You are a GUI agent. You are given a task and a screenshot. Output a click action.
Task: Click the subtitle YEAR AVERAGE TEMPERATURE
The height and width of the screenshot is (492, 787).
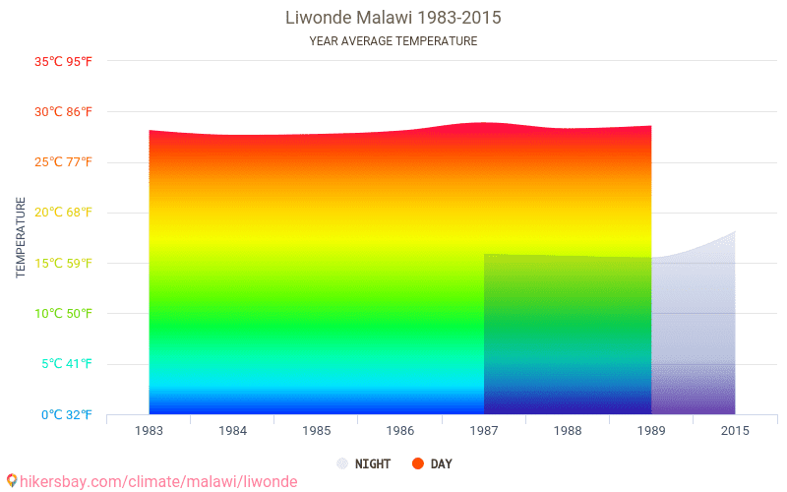tap(393, 41)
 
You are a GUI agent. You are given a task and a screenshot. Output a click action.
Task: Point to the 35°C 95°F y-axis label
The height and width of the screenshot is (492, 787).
tap(63, 61)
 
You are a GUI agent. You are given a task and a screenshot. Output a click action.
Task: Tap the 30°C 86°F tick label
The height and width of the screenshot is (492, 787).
tap(63, 112)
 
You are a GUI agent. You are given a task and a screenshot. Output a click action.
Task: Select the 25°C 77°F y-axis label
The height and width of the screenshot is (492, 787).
tap(63, 162)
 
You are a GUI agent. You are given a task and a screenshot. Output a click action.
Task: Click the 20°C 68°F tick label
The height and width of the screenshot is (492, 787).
tap(63, 213)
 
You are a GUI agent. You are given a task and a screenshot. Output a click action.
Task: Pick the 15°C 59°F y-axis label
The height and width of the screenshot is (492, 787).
tap(63, 264)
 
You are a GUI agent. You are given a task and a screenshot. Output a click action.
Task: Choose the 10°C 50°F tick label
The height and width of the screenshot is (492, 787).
tap(63, 314)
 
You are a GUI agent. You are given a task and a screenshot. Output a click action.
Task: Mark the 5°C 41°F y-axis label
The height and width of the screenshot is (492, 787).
tap(66, 364)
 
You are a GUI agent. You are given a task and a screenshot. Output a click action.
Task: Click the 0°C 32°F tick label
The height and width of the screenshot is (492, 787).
tap(66, 415)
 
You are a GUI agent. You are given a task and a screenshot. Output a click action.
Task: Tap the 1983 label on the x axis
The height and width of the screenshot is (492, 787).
tap(150, 431)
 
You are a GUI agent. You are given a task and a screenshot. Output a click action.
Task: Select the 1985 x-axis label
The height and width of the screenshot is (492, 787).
tap(317, 431)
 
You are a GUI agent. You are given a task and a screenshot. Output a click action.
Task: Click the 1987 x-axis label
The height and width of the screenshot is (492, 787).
tap(484, 431)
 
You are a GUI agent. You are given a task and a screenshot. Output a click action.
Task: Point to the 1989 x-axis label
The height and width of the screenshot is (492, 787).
tap(651, 431)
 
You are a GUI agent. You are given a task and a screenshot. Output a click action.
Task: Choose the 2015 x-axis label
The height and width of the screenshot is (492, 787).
tap(735, 431)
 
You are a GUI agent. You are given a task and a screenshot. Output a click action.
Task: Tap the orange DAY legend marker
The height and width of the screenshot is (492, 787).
tap(418, 463)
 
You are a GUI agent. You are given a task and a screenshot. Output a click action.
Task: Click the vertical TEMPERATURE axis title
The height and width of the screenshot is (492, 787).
tap(21, 237)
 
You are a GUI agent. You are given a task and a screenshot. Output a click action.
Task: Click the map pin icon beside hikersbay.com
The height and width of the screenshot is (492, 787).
tap(11, 481)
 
